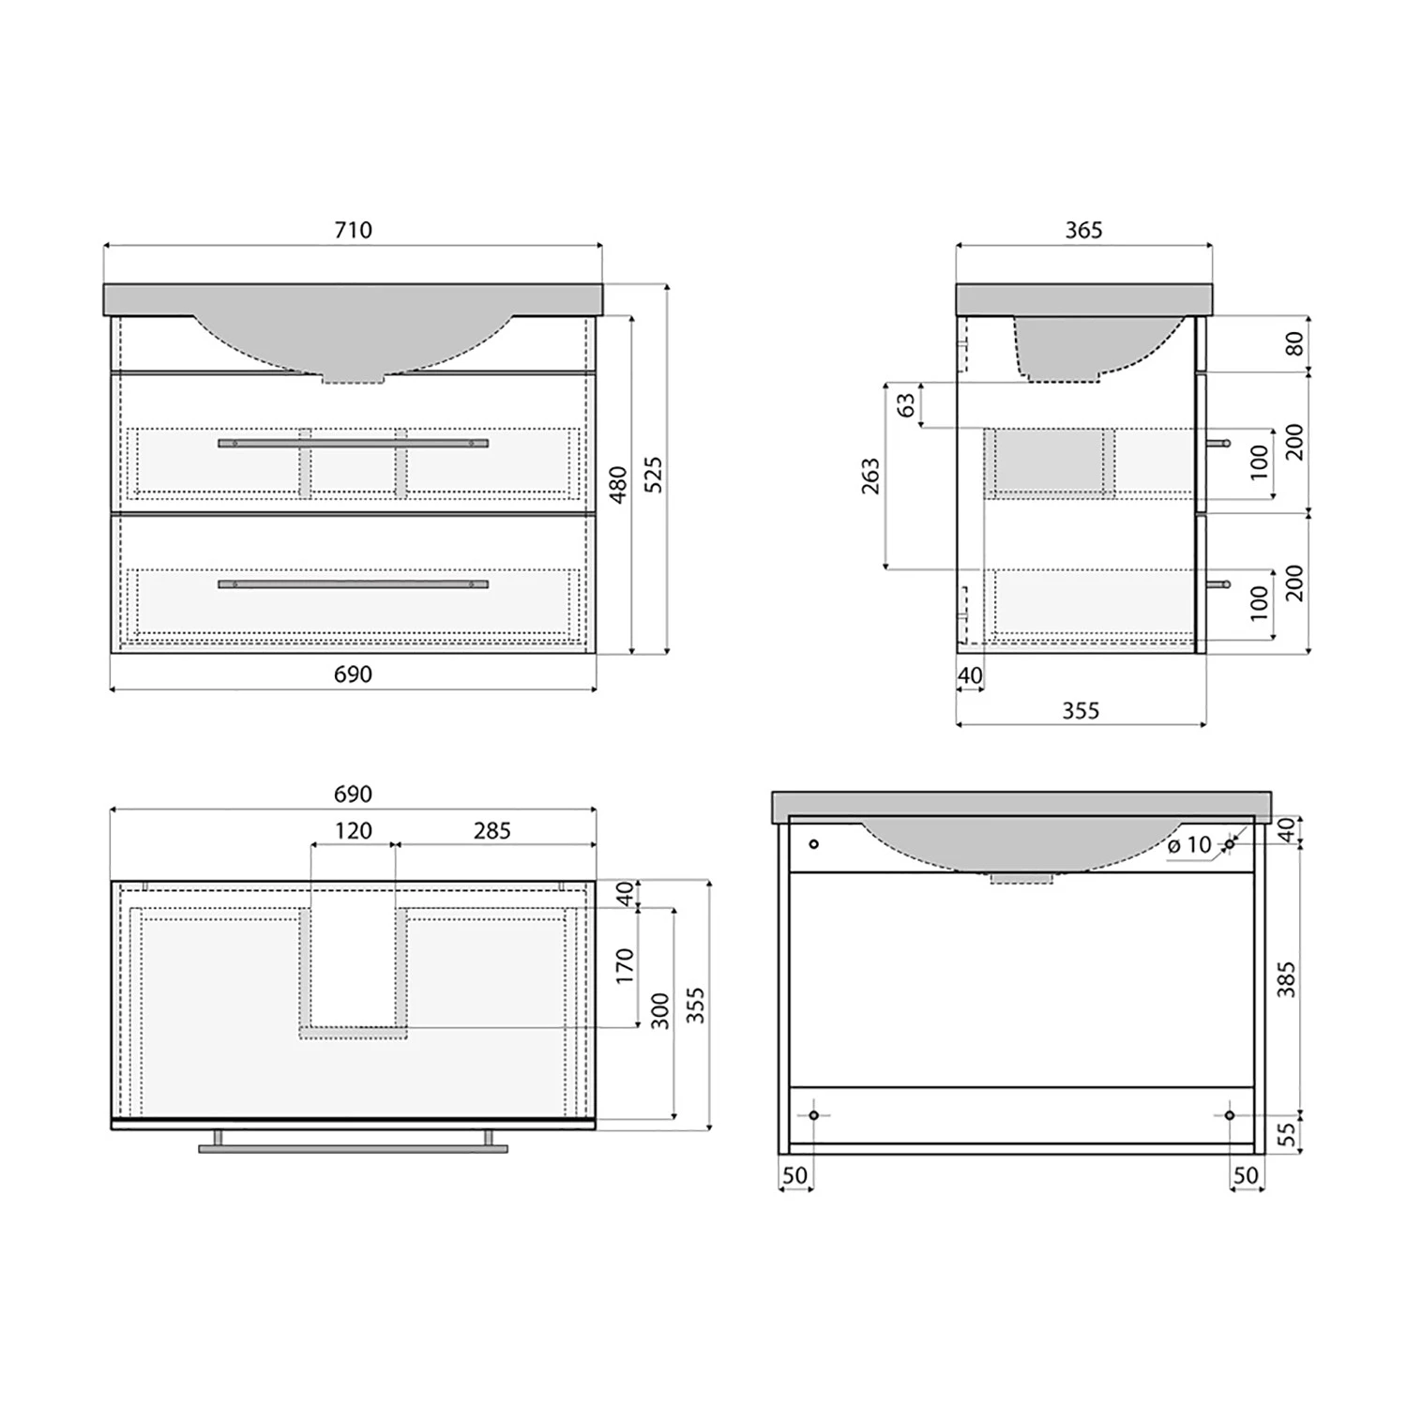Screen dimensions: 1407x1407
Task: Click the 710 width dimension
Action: [x=353, y=230]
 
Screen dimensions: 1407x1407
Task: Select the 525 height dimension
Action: [x=654, y=475]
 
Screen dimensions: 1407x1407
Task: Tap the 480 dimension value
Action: [x=618, y=485]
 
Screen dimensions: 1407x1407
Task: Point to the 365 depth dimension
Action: [x=1083, y=230]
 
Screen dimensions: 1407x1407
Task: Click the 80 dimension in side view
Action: [x=1294, y=343]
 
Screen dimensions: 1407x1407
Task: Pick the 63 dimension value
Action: [x=906, y=405]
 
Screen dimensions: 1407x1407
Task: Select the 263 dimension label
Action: [x=871, y=476]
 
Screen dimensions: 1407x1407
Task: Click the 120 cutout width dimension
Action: [x=353, y=831]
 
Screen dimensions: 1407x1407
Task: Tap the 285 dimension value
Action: [x=492, y=831]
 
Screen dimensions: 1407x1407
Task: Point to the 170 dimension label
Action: [x=626, y=967]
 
